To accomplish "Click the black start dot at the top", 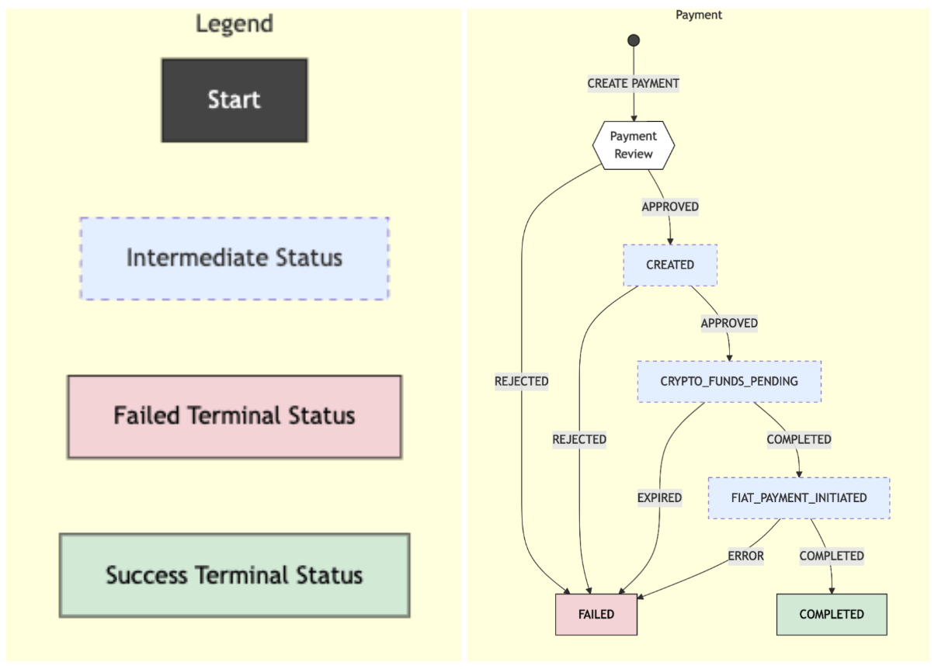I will [x=634, y=40].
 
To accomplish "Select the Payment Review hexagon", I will [x=634, y=145].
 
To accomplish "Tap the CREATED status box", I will [x=670, y=265].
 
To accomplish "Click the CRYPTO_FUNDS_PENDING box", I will [x=729, y=381].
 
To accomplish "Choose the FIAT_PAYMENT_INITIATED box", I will [x=799, y=497].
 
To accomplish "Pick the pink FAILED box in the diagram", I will [x=596, y=614].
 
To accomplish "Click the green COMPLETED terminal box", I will [x=832, y=614].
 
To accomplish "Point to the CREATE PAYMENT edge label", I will [x=634, y=83].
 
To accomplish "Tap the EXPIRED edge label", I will [x=659, y=497].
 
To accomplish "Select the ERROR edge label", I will [x=745, y=556].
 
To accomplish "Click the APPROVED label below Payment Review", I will [x=670, y=206].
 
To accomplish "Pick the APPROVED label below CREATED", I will [x=729, y=323].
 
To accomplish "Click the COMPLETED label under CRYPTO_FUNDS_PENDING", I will [x=799, y=439].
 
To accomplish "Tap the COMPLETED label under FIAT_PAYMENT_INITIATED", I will [x=832, y=556].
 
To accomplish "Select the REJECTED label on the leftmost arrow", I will [x=522, y=381].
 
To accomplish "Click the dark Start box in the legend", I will [x=234, y=100].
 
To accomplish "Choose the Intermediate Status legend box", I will [x=234, y=258].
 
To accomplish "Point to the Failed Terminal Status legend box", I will [x=234, y=416].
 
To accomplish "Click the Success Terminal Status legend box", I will [x=234, y=575].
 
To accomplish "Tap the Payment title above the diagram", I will [x=699, y=15].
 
